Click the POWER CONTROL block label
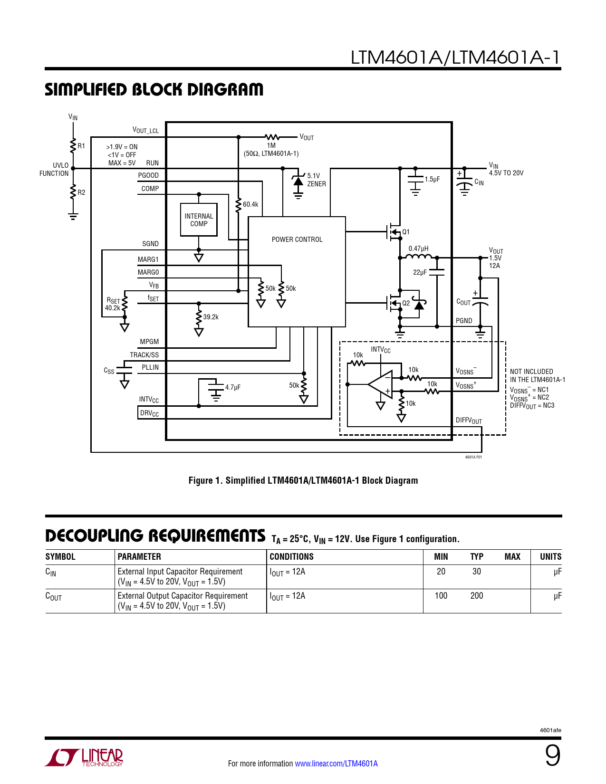click(x=297, y=239)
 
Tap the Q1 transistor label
click(x=406, y=232)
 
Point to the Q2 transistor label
click(x=406, y=304)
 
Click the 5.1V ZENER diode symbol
click(x=298, y=181)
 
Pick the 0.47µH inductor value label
click(x=418, y=249)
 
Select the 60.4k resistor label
click(x=250, y=205)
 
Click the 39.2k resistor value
click(x=211, y=317)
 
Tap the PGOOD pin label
click(x=148, y=175)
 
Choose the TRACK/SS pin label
click(x=144, y=355)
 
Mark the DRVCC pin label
click(x=149, y=413)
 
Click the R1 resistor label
click(x=81, y=146)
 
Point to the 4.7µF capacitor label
click(x=233, y=388)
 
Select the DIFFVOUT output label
click(x=469, y=421)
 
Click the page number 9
click(x=553, y=755)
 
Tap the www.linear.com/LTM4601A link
click(x=337, y=764)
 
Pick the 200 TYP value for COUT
click(x=476, y=596)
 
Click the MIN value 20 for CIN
click(x=441, y=572)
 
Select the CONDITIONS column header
click(x=292, y=557)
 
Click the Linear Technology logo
click(x=84, y=757)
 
